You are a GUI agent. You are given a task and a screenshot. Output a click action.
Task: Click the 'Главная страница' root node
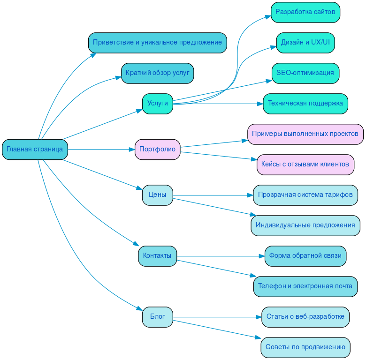[x=35, y=150]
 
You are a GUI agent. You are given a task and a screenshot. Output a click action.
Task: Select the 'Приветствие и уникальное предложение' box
[x=157, y=43]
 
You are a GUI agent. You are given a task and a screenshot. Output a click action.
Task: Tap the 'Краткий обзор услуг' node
[x=157, y=73]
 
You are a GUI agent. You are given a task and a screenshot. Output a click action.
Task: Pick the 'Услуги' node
[x=157, y=104]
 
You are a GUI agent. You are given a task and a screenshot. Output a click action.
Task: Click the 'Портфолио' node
[x=157, y=150]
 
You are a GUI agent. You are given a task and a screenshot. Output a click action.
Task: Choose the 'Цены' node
[x=157, y=195]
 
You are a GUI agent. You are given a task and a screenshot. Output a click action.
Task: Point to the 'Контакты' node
[x=157, y=256]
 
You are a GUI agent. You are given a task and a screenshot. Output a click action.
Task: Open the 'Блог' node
[x=157, y=317]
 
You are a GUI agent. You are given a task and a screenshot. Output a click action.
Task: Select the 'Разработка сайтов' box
[x=305, y=12]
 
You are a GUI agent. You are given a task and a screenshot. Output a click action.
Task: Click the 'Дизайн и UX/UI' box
[x=305, y=43]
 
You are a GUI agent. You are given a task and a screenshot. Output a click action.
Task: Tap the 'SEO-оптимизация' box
[x=305, y=73]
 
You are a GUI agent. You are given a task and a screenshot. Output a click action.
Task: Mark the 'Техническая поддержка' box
[x=305, y=104]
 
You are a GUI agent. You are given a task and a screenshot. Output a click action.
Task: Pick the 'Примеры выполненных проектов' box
[x=305, y=134]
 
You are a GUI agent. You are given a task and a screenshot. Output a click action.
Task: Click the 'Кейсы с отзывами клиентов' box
[x=305, y=165]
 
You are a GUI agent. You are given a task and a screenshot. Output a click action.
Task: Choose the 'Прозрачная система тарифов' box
[x=305, y=195]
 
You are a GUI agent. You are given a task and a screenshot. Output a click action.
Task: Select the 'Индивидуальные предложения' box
[x=305, y=225]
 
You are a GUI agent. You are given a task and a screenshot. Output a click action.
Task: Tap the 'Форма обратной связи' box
[x=305, y=256]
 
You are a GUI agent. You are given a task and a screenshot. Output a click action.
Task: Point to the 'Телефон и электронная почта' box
[x=305, y=286]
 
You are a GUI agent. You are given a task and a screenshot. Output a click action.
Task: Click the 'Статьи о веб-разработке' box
[x=305, y=317]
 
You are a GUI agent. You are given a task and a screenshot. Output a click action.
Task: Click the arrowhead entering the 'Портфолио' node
[x=132, y=150]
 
